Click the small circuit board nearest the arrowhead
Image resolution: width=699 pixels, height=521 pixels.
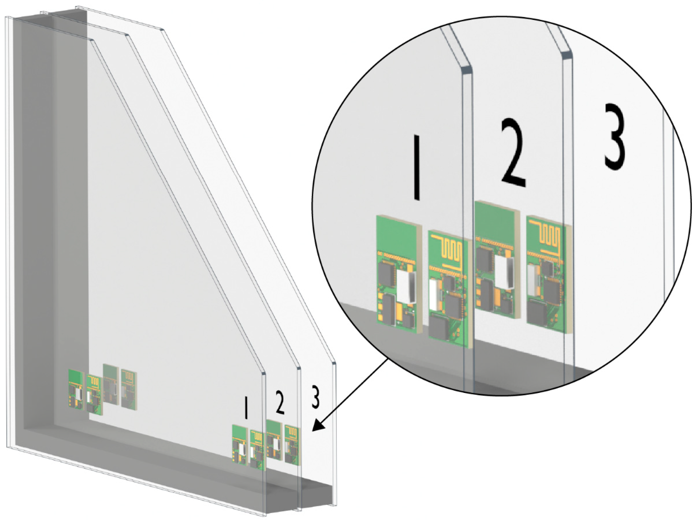[291, 445]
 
